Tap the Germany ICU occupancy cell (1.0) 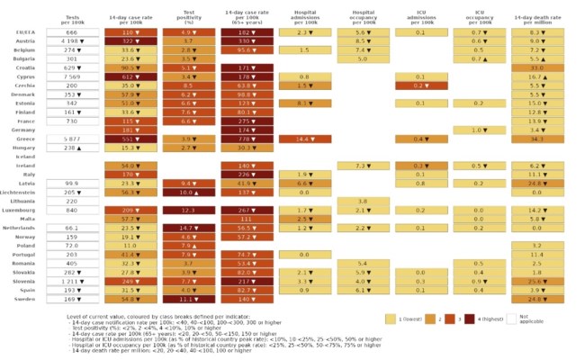point(480,130)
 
